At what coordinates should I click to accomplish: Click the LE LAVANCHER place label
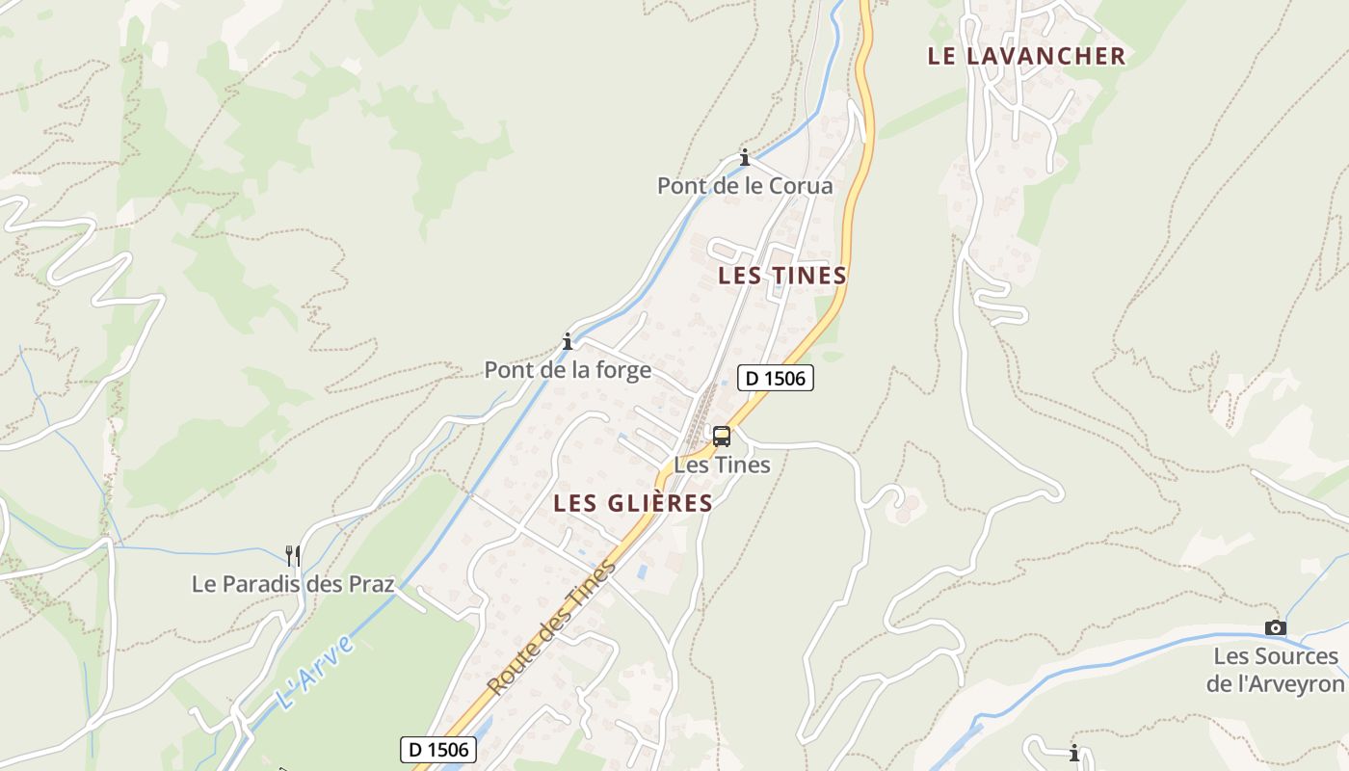(1026, 56)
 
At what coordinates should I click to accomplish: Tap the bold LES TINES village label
(782, 276)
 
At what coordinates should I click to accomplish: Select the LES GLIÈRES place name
(633, 503)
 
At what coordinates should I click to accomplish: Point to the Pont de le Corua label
(745, 186)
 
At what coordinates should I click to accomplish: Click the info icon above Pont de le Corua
(745, 158)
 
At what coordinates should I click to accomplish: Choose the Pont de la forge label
(568, 370)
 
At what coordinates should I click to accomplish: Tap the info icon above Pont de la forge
(568, 341)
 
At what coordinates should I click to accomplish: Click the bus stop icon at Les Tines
(722, 437)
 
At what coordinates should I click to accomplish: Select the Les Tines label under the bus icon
(722, 465)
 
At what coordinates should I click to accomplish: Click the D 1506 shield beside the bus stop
(776, 378)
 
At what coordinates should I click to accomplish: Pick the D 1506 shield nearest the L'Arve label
(438, 749)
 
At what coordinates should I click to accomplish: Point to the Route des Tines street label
(551, 627)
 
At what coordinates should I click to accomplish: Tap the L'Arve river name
(315, 672)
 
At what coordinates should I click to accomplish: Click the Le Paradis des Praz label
(293, 584)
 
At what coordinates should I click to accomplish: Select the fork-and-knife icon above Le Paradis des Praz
(293, 555)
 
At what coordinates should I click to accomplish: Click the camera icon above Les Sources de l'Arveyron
(1276, 628)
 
